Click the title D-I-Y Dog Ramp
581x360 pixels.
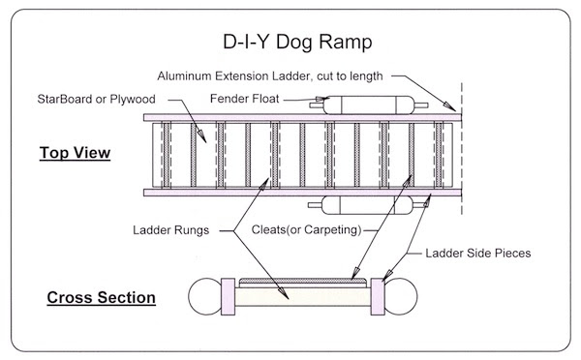290,43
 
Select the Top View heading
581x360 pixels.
75,154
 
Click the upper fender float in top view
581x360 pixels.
368,104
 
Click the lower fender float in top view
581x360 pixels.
368,204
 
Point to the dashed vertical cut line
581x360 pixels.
461,155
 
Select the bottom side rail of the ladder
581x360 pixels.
300,190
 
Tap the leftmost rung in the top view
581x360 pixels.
167,154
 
